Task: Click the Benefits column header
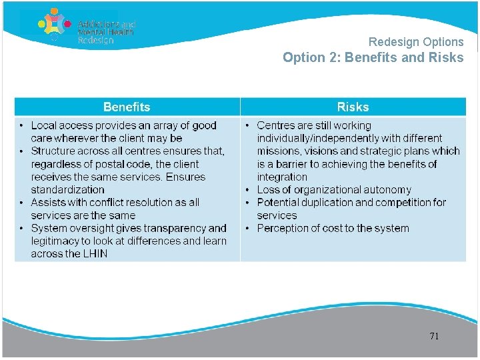(127, 107)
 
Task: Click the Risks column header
(353, 107)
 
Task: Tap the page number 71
(434, 336)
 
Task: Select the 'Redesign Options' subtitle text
(415, 42)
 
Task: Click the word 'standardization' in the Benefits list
(67, 190)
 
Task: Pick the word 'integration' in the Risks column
(282, 177)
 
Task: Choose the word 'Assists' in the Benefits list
(48, 203)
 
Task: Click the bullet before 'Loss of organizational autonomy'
(248, 190)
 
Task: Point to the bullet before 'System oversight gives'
(22, 229)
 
